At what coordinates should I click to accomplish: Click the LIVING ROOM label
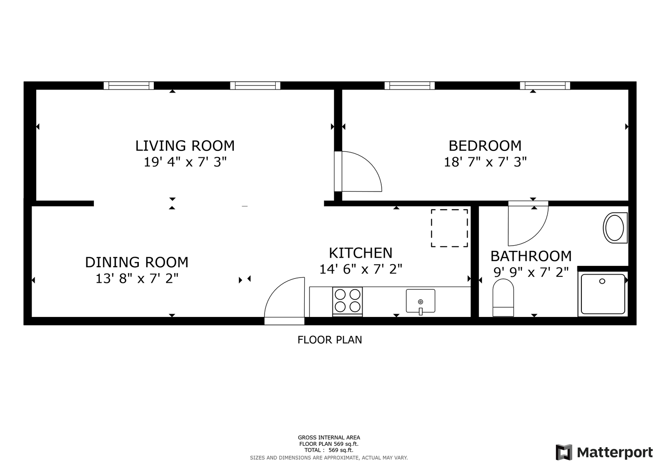tap(185, 146)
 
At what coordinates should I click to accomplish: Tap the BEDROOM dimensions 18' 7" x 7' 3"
tap(485, 162)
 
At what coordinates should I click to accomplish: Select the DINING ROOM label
tap(137, 262)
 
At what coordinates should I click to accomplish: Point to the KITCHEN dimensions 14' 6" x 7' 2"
tap(360, 269)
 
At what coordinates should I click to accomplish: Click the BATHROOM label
tap(531, 256)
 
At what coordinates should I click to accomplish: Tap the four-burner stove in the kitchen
tap(348, 302)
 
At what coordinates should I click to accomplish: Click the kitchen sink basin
tap(421, 301)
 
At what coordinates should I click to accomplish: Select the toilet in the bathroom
tap(503, 297)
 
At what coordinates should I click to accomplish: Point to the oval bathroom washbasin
tap(615, 227)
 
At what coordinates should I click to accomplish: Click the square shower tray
tap(603, 294)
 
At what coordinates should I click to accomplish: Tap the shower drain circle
tap(602, 281)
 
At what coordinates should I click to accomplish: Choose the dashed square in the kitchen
tap(450, 228)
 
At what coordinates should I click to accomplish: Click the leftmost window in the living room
tap(128, 86)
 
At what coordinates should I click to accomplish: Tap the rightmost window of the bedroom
tap(545, 86)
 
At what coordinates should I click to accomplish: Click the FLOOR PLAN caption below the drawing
tap(330, 340)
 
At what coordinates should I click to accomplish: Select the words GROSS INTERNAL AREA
tap(329, 438)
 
